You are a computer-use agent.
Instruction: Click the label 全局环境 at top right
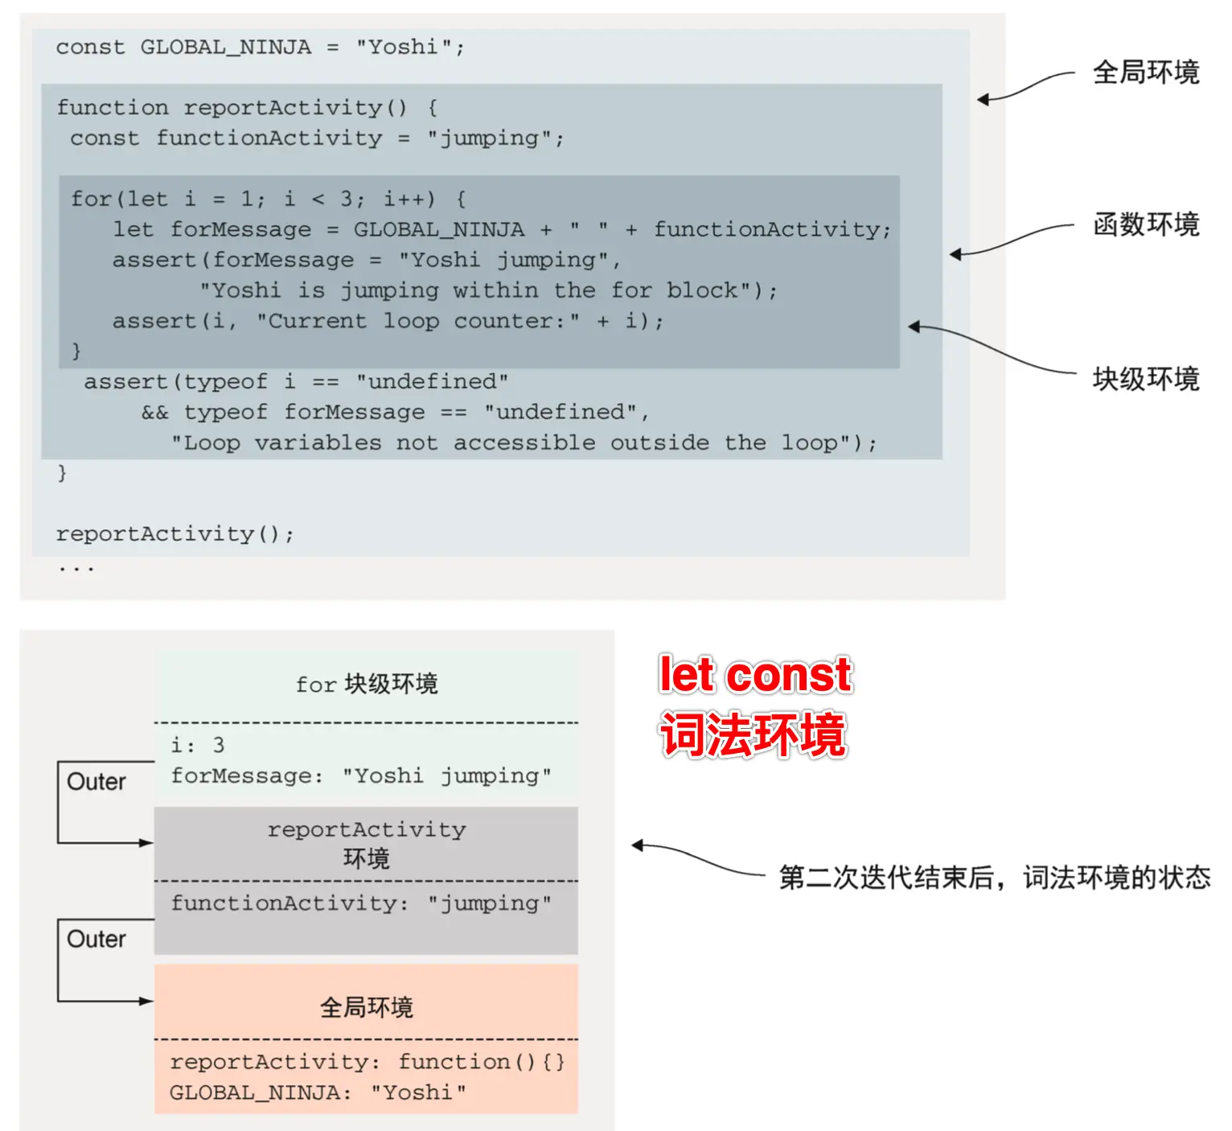click(1145, 72)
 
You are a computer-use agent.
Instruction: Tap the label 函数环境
click(1145, 224)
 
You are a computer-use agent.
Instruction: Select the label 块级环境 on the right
click(1145, 379)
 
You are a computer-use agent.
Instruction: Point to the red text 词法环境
click(753, 734)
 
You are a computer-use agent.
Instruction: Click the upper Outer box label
click(97, 782)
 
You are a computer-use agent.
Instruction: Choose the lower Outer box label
click(97, 940)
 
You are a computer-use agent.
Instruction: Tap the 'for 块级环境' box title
click(367, 685)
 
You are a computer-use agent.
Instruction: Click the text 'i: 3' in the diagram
click(198, 746)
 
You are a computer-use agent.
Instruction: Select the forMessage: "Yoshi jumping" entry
click(361, 776)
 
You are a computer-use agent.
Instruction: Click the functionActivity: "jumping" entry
click(361, 903)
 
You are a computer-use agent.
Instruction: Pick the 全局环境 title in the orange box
click(367, 1007)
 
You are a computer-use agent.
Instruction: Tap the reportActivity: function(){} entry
click(368, 1063)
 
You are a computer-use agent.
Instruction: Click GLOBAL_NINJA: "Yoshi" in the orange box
click(318, 1093)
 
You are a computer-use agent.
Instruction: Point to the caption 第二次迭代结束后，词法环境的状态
click(994, 878)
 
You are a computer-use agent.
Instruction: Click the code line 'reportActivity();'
click(175, 534)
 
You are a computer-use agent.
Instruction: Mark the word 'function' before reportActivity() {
click(113, 108)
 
